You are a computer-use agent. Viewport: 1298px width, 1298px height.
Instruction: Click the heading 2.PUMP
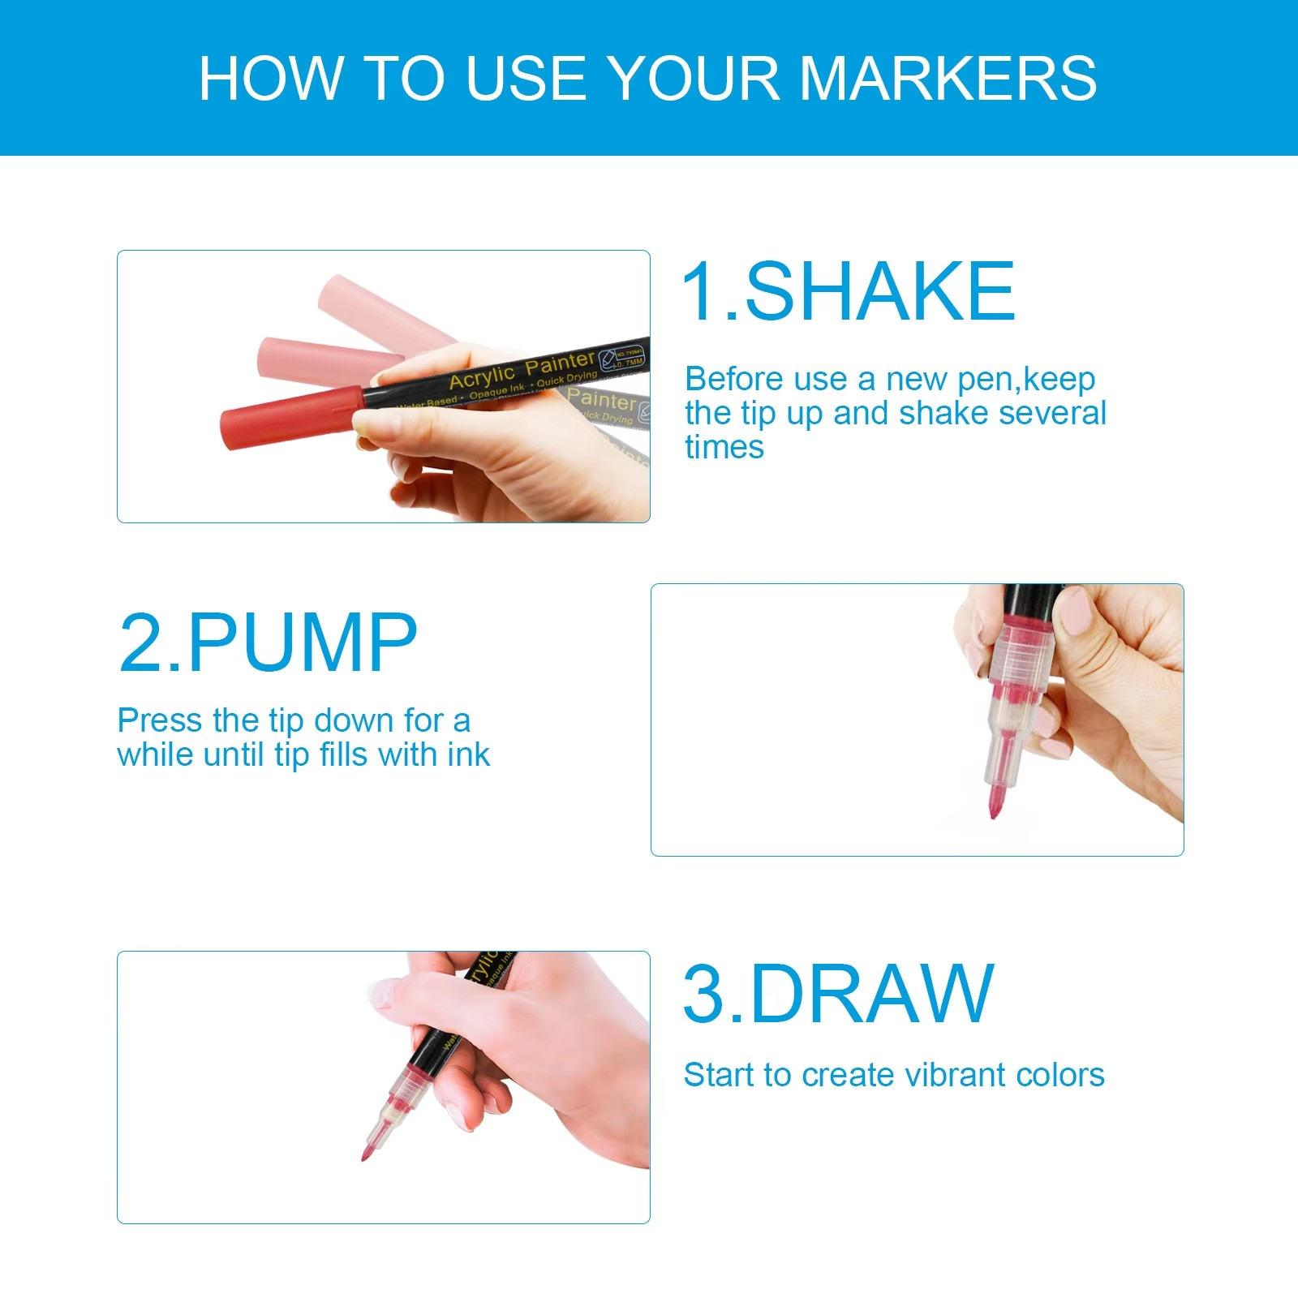(x=268, y=643)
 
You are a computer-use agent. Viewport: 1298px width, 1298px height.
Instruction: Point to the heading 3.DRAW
(x=838, y=994)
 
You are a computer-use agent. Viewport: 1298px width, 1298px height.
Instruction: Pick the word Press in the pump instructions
(x=159, y=720)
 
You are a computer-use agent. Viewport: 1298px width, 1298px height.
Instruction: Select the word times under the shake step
(x=724, y=447)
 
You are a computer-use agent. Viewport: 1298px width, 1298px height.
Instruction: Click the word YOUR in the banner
(x=693, y=78)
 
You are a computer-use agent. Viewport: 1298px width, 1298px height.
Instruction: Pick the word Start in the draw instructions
(x=719, y=1075)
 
